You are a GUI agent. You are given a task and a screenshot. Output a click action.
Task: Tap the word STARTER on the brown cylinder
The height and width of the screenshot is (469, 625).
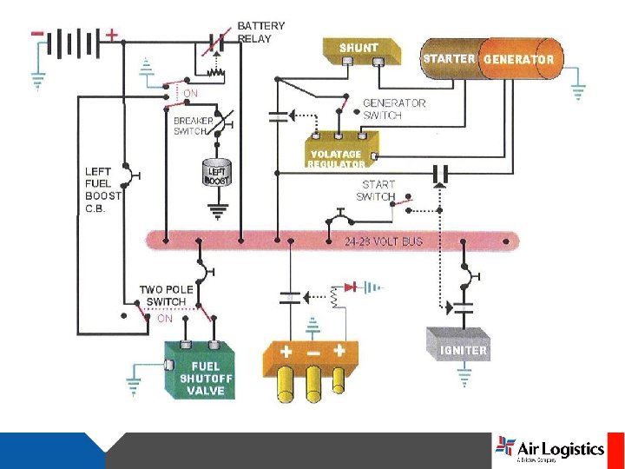(449, 59)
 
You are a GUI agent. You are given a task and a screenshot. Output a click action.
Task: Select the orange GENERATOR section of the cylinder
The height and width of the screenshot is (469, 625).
(518, 59)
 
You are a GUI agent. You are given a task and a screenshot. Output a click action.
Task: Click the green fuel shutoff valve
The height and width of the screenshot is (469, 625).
(201, 370)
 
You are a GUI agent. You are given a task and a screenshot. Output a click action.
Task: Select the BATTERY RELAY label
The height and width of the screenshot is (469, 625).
(260, 32)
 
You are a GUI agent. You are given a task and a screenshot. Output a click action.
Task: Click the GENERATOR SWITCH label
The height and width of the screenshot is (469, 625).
(394, 109)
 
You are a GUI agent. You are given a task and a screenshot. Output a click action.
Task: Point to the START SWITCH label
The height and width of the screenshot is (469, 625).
(378, 190)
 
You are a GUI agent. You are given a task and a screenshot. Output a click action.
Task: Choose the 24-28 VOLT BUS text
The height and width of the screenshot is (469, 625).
(384, 241)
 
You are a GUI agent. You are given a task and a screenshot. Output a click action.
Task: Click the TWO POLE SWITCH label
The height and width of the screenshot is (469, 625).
(163, 295)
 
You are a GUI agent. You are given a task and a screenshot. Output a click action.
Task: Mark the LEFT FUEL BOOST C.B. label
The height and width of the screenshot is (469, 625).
(103, 190)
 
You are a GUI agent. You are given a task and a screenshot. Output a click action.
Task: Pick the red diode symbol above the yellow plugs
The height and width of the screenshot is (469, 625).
(351, 287)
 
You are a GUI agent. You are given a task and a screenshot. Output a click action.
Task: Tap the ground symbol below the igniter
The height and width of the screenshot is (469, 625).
(464, 376)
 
